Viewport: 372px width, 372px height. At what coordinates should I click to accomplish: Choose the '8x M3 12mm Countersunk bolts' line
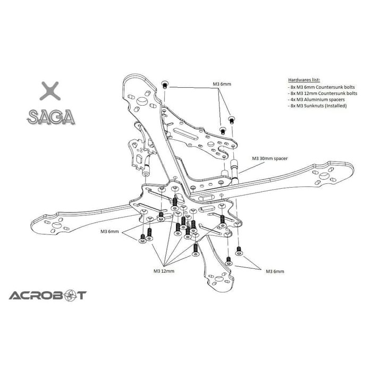click(x=319, y=92)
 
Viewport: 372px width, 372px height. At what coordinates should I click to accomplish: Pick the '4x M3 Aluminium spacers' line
click(x=313, y=99)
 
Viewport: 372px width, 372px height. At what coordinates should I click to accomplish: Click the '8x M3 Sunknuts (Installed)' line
click(x=316, y=106)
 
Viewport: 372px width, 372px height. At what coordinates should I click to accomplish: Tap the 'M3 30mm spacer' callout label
click(x=269, y=158)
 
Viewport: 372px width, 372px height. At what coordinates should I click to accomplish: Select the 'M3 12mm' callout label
click(x=164, y=271)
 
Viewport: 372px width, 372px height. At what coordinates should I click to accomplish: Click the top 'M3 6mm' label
click(x=222, y=84)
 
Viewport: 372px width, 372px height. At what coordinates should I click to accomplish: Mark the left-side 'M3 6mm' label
click(x=111, y=232)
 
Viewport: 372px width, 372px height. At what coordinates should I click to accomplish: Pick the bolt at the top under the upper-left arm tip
click(x=165, y=85)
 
